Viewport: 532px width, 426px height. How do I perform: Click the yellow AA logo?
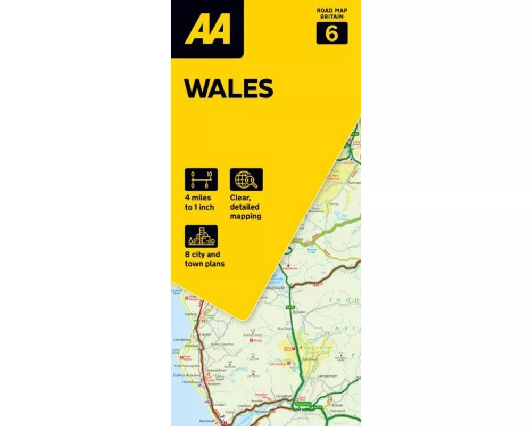207,30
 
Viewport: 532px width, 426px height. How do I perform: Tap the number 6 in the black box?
331,34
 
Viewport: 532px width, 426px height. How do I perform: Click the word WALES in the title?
229,88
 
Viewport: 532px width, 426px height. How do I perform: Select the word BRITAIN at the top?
331,17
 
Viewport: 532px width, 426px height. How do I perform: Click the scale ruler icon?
201,179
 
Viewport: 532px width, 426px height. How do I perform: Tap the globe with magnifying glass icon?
246,179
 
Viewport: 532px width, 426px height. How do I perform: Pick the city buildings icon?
201,236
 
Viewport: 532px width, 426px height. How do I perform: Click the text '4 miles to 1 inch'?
199,202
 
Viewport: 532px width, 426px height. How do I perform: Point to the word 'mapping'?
245,217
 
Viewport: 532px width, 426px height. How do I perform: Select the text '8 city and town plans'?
204,259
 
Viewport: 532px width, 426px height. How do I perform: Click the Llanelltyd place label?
285,396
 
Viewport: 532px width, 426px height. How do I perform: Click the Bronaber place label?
299,312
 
